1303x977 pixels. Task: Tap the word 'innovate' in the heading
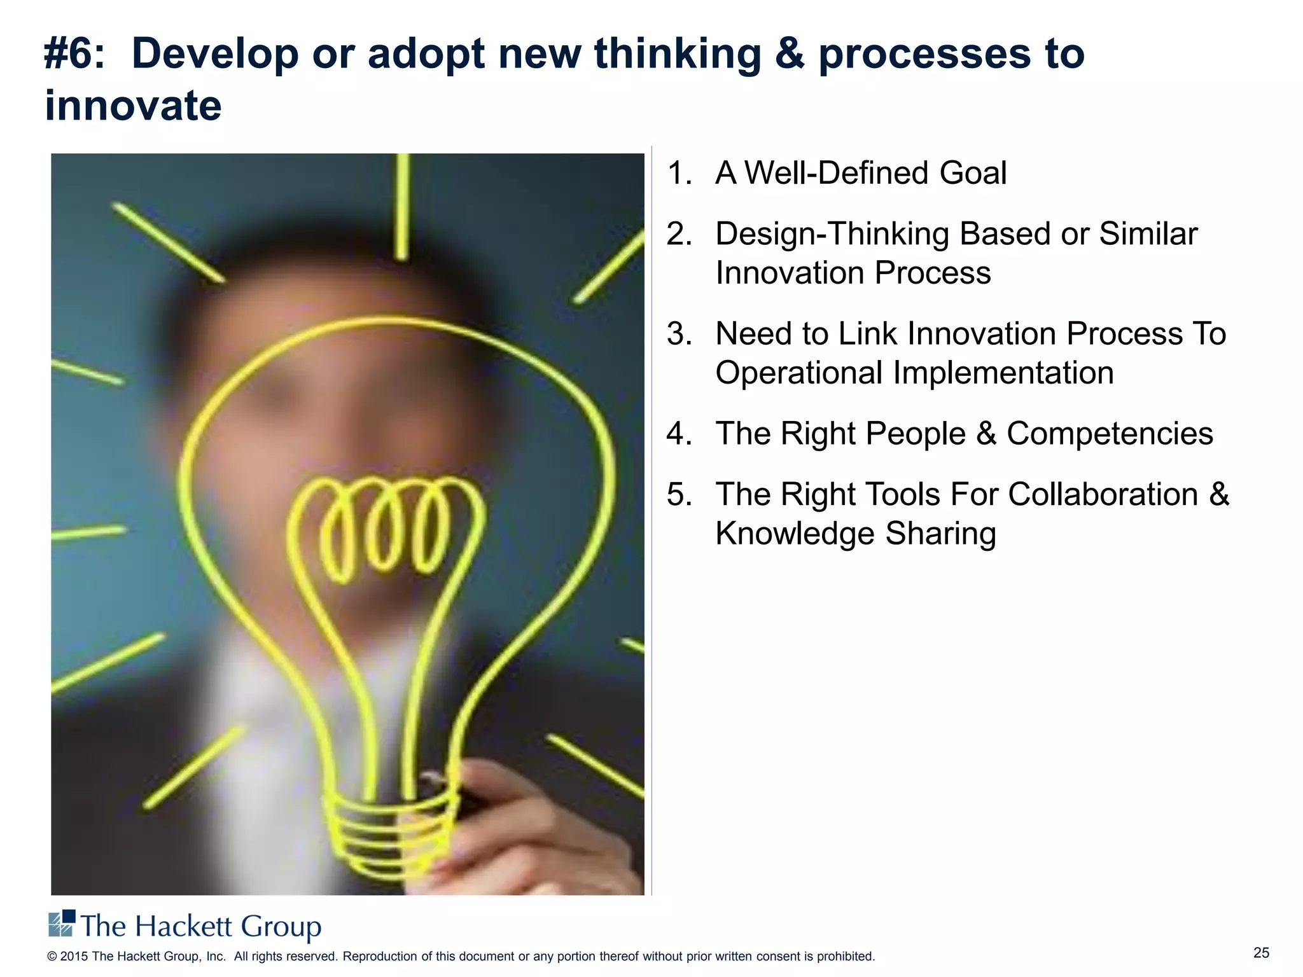coord(133,106)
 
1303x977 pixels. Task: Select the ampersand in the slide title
coord(789,54)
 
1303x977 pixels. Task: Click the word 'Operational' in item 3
coord(798,373)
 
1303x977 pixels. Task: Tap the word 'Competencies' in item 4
coord(1110,434)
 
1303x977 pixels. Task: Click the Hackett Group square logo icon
coord(62,924)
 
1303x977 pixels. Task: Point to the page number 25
coord(1261,953)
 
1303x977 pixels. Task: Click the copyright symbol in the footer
coord(52,957)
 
